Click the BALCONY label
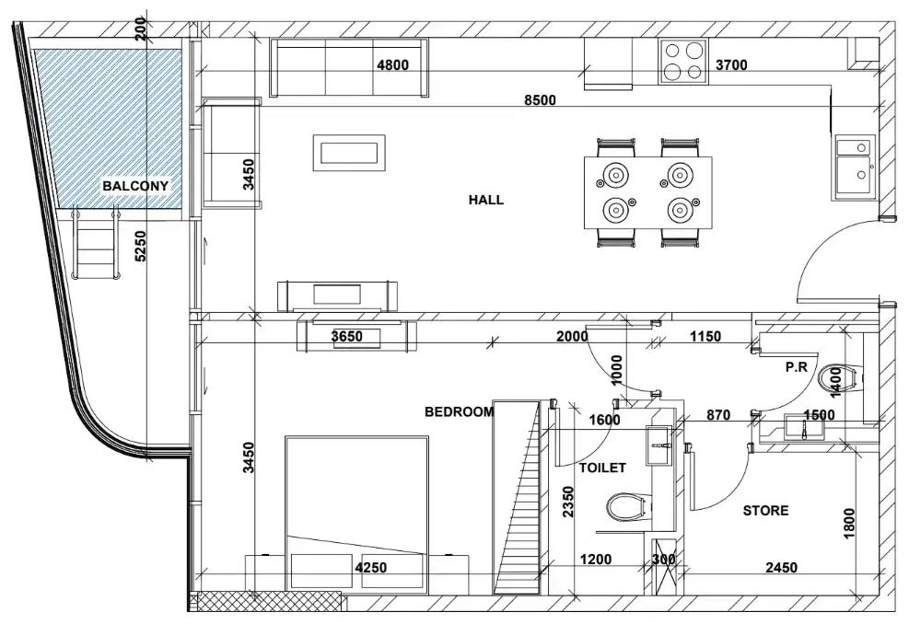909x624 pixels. tap(135, 186)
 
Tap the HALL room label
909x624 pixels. tap(485, 200)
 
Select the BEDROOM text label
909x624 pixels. tap(460, 412)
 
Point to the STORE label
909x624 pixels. tap(766, 511)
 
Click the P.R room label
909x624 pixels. tap(797, 366)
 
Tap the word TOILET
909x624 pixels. tap(602, 468)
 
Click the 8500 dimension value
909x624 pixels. tap(540, 100)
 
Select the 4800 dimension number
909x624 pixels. tap(392, 65)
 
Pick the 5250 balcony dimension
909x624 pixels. tap(140, 247)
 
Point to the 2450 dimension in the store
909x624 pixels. tap(782, 568)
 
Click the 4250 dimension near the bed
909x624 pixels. tap(371, 568)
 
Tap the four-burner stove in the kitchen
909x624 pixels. tap(683, 62)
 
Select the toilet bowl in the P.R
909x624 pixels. tap(838, 379)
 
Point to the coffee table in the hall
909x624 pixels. tap(349, 153)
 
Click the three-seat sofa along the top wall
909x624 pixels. tap(349, 68)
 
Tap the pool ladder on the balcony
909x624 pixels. tap(96, 244)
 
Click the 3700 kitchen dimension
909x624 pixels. tap(731, 65)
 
